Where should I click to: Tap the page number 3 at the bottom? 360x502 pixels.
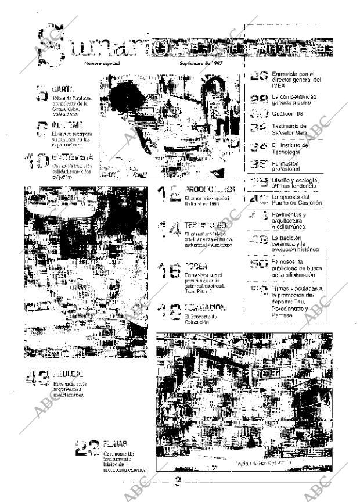click(x=179, y=481)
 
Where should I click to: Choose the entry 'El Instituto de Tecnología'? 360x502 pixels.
click(x=294, y=149)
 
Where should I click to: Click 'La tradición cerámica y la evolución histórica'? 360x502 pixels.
click(x=296, y=243)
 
